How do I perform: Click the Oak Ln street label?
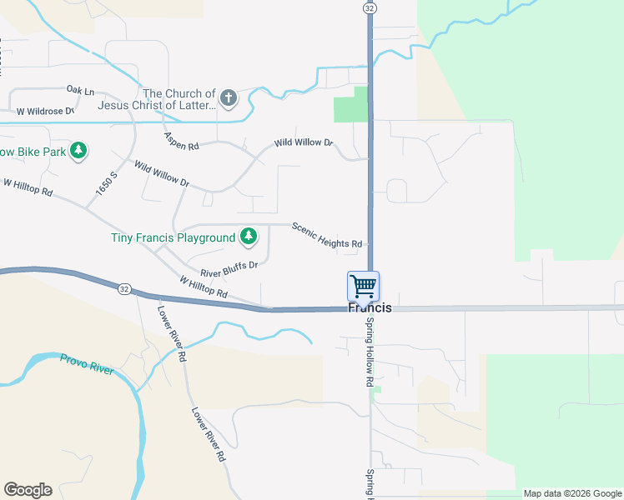pos(81,90)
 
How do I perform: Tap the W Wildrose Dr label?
pos(45,110)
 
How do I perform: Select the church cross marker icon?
pos(229,100)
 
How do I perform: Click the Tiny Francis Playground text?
pos(174,237)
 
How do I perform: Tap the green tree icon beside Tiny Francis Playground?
pos(249,237)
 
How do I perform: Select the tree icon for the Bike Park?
pos(78,151)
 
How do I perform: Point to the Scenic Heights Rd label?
pos(327,234)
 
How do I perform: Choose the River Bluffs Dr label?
pos(229,269)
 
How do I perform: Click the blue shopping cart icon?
pos(364,287)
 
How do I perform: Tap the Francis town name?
pos(370,307)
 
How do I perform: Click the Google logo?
pos(28,490)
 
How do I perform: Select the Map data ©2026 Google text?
pos(572,493)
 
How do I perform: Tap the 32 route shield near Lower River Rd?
pos(124,288)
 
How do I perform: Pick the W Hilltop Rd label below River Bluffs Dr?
pos(204,287)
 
